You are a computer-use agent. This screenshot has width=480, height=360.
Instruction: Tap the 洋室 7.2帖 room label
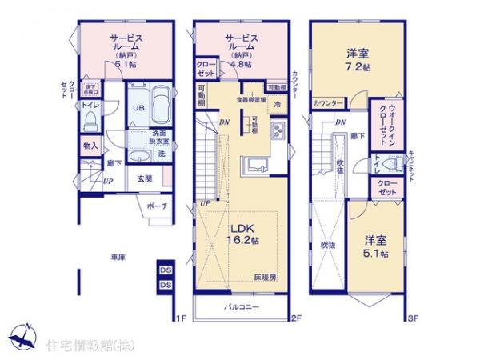coord(358,60)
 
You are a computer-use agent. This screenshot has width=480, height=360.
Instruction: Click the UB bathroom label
coord(138,108)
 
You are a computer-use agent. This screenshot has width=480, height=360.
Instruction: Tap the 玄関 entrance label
coord(145,179)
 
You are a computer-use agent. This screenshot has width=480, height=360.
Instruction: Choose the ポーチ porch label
coord(157,205)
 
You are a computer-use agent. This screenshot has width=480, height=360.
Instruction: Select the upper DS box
coord(166,270)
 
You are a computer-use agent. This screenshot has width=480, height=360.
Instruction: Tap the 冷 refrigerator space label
coord(277,104)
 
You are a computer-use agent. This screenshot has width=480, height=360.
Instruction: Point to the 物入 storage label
coord(90,146)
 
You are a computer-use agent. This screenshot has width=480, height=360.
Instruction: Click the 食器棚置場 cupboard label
coord(251,99)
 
